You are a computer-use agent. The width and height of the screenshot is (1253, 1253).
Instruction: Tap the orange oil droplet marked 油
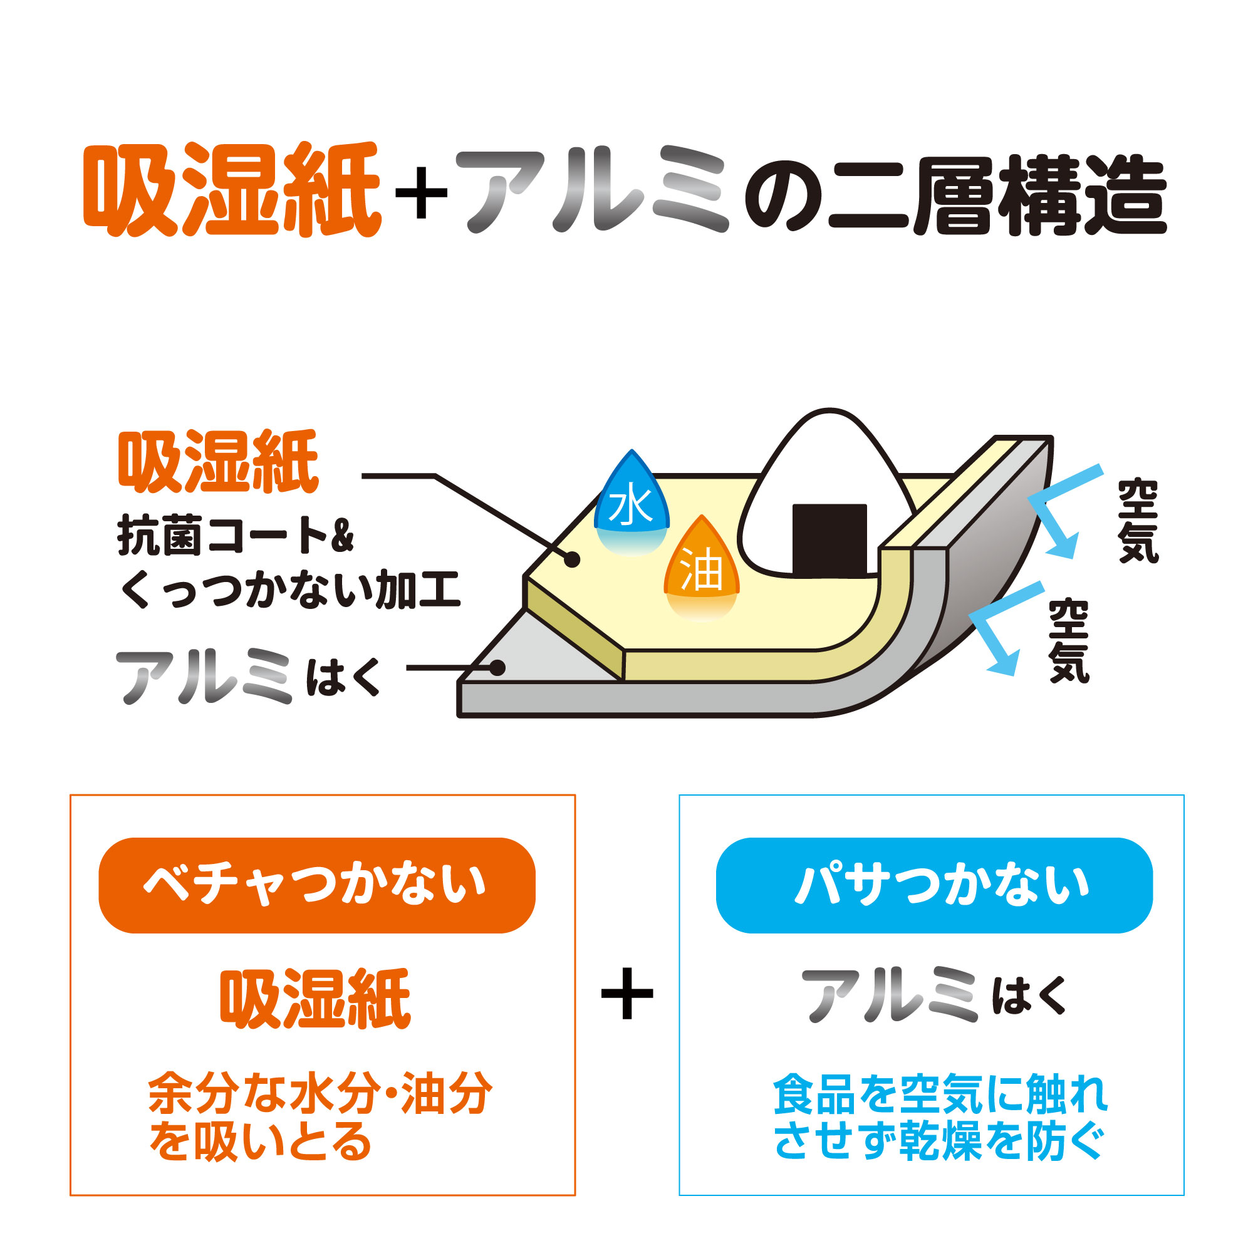coord(702,568)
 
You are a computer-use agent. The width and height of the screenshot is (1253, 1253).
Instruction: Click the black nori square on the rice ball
coord(829,540)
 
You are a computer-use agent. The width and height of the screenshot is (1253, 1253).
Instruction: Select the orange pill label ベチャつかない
coord(316,885)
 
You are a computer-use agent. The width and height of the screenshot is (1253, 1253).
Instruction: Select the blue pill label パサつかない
coord(934,885)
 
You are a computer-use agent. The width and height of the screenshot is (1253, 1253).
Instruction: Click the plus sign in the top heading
coord(422,192)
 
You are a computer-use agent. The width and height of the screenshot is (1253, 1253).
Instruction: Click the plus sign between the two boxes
coord(627,994)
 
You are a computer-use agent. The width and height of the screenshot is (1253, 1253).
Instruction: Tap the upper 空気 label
coord(1138,521)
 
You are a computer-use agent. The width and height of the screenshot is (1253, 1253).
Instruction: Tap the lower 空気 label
coord(1069,641)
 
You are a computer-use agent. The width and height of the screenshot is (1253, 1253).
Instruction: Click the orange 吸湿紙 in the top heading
coord(232,189)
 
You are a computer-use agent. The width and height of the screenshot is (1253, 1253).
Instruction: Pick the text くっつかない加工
coord(290,590)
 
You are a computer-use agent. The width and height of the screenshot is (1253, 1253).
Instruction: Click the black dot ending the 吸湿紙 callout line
coord(571,559)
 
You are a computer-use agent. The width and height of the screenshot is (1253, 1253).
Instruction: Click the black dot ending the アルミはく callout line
coord(497,667)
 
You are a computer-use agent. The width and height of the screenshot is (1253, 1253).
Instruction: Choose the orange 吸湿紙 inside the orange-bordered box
coord(315,999)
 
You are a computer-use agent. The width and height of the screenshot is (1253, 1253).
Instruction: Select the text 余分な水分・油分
coord(320,1093)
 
